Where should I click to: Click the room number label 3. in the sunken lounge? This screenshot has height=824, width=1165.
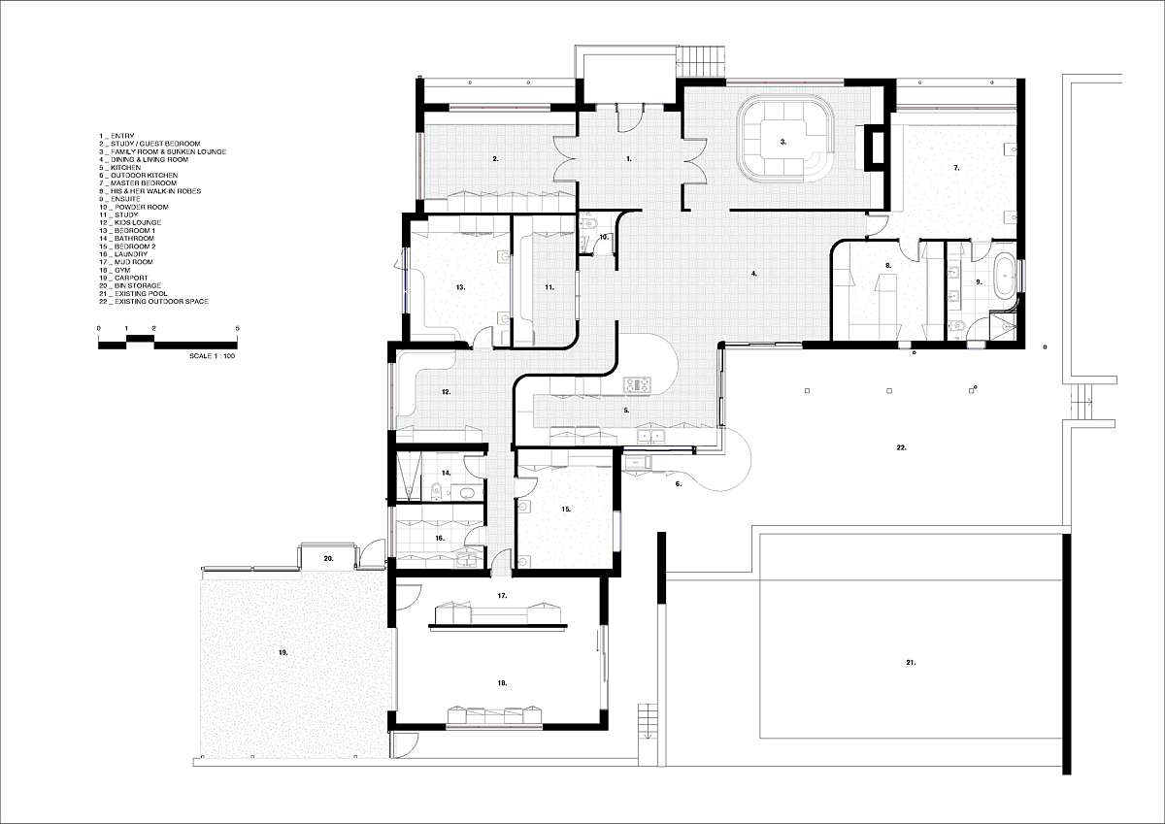coord(783,142)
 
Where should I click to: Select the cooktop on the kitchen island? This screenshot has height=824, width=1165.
coord(637,385)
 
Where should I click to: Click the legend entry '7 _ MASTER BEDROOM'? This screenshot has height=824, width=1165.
coord(130,183)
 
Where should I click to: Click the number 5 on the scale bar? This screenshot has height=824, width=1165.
coord(238,329)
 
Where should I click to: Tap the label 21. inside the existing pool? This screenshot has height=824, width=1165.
coord(911,663)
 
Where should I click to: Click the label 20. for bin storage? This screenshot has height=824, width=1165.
coord(329,559)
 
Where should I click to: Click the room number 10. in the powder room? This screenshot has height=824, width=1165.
coord(602,236)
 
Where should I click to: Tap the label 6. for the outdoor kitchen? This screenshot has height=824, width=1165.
coord(678,482)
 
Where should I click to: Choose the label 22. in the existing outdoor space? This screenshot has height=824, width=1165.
coord(901,447)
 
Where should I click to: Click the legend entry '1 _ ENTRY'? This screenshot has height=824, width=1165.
coord(116,136)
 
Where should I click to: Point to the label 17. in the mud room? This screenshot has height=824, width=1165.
coord(502,594)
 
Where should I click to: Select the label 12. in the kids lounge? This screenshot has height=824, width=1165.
coord(446,392)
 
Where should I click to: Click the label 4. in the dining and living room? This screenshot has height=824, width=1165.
coord(753,274)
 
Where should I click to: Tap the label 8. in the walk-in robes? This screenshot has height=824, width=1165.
coord(887,265)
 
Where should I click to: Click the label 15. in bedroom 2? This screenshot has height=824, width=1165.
coord(565,508)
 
